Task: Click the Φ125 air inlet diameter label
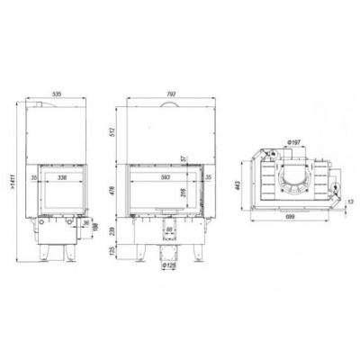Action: (167, 265)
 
